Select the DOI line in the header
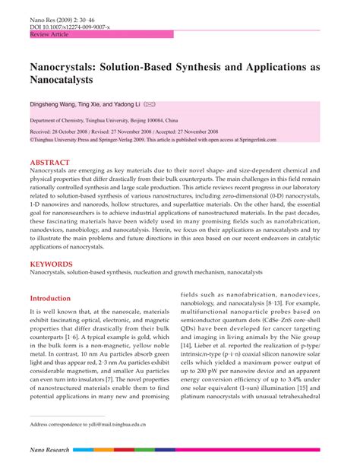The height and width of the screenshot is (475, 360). click(x=70, y=27)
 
